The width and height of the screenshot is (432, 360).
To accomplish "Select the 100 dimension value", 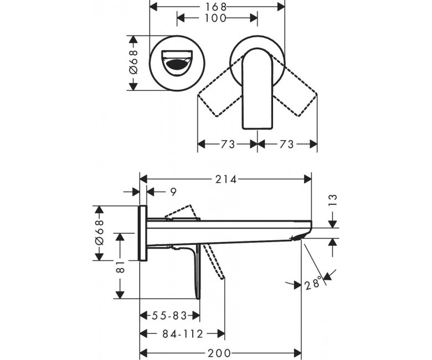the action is tap(215, 18).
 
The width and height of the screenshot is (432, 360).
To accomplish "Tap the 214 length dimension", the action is tap(225, 179).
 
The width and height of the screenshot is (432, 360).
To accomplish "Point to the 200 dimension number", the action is tap(219, 353).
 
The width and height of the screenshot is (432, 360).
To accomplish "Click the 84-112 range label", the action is tap(183, 334).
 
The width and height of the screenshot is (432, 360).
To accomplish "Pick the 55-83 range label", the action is tap(169, 316).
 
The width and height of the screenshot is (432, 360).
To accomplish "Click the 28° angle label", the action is tap(313, 282).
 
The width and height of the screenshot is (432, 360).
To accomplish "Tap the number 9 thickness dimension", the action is tap(173, 192).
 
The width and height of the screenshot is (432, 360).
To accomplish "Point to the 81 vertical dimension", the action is tap(121, 267).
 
